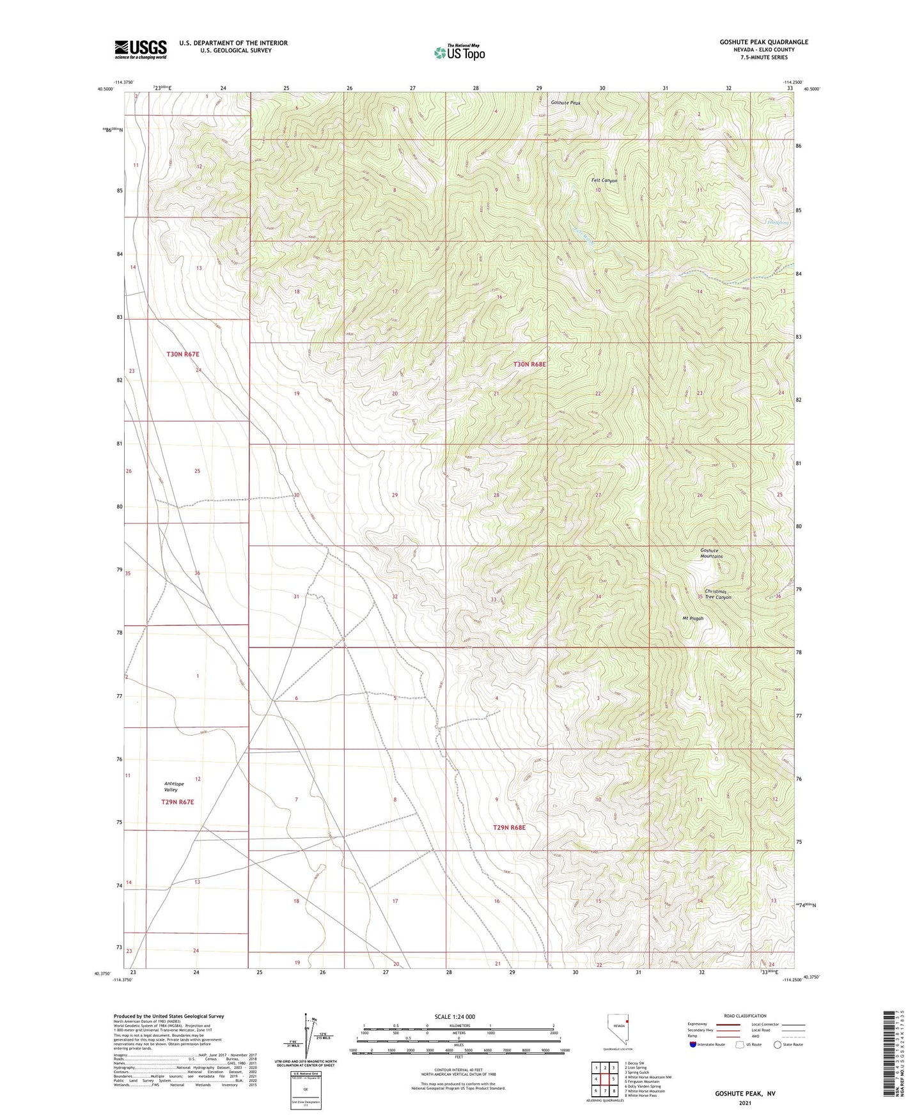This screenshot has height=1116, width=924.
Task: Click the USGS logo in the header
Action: [x=141, y=49]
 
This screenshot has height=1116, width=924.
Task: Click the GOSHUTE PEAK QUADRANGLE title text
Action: [x=763, y=42]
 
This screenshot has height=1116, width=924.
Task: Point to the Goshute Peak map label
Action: [x=566, y=102]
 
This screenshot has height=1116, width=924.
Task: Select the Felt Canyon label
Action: [x=604, y=181]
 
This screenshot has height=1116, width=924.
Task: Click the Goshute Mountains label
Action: [x=710, y=553]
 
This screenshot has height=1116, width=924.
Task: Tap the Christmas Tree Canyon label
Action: [x=717, y=594]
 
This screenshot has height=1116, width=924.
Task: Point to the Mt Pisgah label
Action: [x=693, y=618]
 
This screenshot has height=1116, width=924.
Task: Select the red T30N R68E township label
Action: [x=529, y=364]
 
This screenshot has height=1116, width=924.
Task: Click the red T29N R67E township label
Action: [x=177, y=802]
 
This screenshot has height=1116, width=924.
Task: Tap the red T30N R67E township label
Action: [x=183, y=354]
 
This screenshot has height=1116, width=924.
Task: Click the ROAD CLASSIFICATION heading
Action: [x=745, y=1016]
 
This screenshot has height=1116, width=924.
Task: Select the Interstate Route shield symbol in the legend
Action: [x=693, y=1044]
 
